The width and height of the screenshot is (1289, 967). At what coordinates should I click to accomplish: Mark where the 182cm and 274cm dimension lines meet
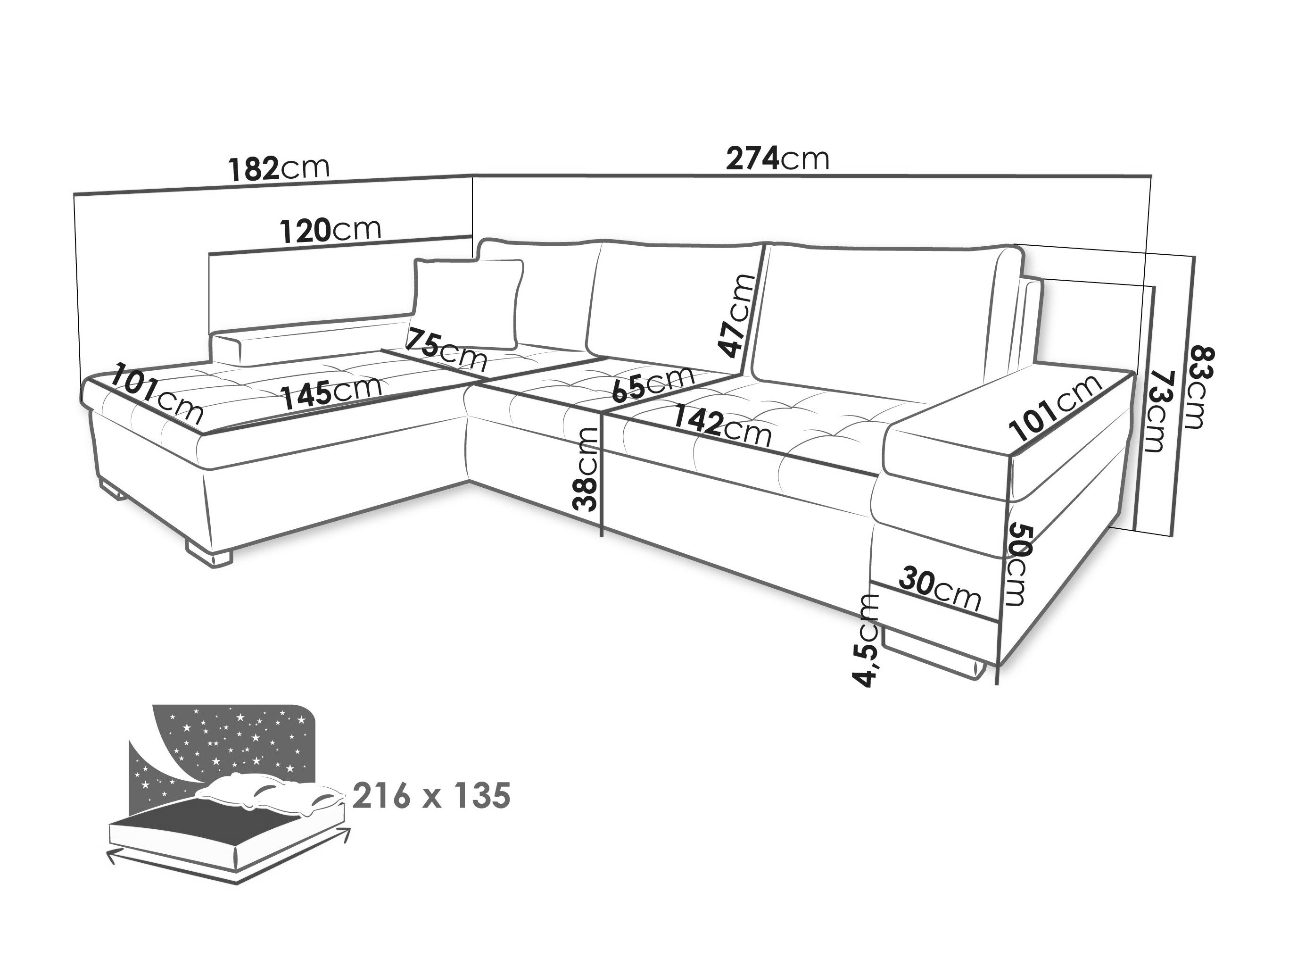click(471, 174)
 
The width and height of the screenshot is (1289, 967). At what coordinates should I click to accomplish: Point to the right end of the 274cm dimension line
click(1152, 176)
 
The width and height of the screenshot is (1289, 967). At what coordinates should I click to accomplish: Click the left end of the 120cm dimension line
click(209, 254)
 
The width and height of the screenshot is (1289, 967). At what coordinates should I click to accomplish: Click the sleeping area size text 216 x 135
click(432, 796)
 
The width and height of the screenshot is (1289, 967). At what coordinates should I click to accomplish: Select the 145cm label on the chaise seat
click(333, 391)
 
